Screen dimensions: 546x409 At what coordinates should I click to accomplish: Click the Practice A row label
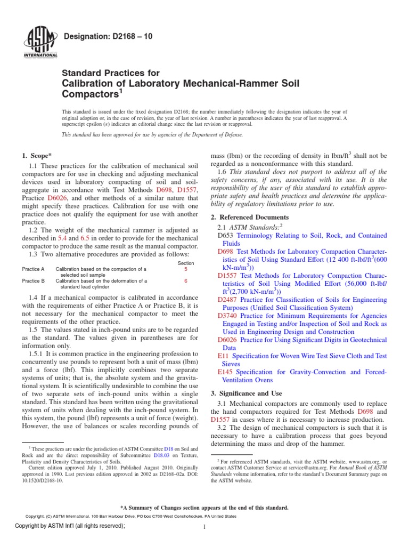click(33, 270)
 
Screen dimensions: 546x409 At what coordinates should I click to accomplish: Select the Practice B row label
click(33, 280)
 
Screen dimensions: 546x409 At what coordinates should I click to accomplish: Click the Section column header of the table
click(186, 263)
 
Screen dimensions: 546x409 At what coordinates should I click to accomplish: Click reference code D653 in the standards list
click(226, 235)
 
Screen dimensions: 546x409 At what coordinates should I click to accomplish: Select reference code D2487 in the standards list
click(228, 300)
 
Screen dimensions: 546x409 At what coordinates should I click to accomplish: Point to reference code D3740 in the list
click(228, 316)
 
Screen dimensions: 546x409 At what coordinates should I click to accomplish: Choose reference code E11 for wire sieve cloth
click(223, 356)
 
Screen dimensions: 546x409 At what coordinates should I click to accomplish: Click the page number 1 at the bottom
click(204, 527)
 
